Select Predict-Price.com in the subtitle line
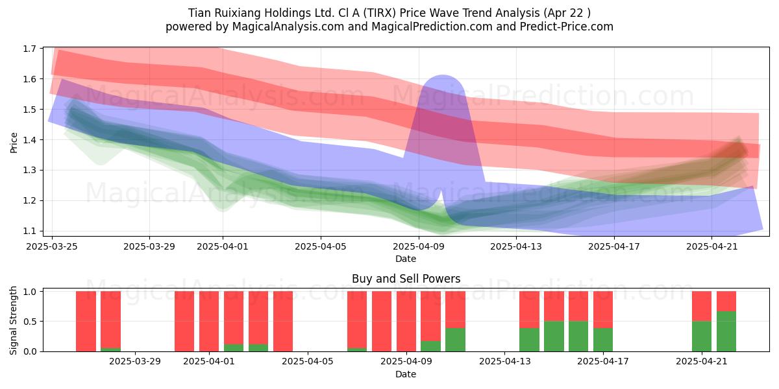567,27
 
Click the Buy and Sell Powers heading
406,279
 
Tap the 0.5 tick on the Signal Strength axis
30,322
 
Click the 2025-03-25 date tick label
52,246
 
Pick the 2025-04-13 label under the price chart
516,246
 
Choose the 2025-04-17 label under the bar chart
603,362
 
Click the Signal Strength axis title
13,320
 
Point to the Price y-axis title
14,143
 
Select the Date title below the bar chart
406,374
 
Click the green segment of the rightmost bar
726,331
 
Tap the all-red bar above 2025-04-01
209,322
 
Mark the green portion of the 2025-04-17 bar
603,340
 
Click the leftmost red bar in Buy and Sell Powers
86,322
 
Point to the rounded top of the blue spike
442,77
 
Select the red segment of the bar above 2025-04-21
702,306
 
